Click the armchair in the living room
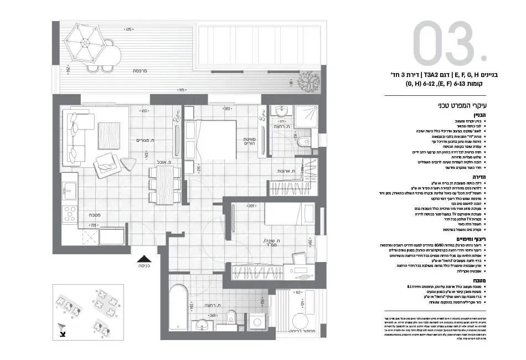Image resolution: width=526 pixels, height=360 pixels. [105, 164]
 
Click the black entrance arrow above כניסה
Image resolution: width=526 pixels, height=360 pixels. [145, 258]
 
